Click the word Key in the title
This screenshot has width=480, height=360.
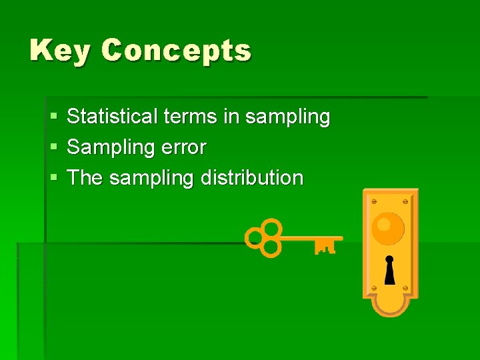[59, 51]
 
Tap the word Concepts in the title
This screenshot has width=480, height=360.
[177, 51]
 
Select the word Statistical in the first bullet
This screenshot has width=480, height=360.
[112, 117]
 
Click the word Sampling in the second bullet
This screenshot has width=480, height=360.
[111, 148]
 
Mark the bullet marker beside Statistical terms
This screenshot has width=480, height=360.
[53, 117]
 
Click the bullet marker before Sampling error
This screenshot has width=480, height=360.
[53, 148]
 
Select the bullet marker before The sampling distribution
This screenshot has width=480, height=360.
[53, 179]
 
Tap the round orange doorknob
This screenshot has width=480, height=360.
[388, 228]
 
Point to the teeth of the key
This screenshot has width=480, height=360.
[325, 247]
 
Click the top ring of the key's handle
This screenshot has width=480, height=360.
[270, 227]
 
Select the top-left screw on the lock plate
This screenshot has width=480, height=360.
[373, 201]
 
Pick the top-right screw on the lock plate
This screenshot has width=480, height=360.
[406, 201]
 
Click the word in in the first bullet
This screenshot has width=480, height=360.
[231, 117]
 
